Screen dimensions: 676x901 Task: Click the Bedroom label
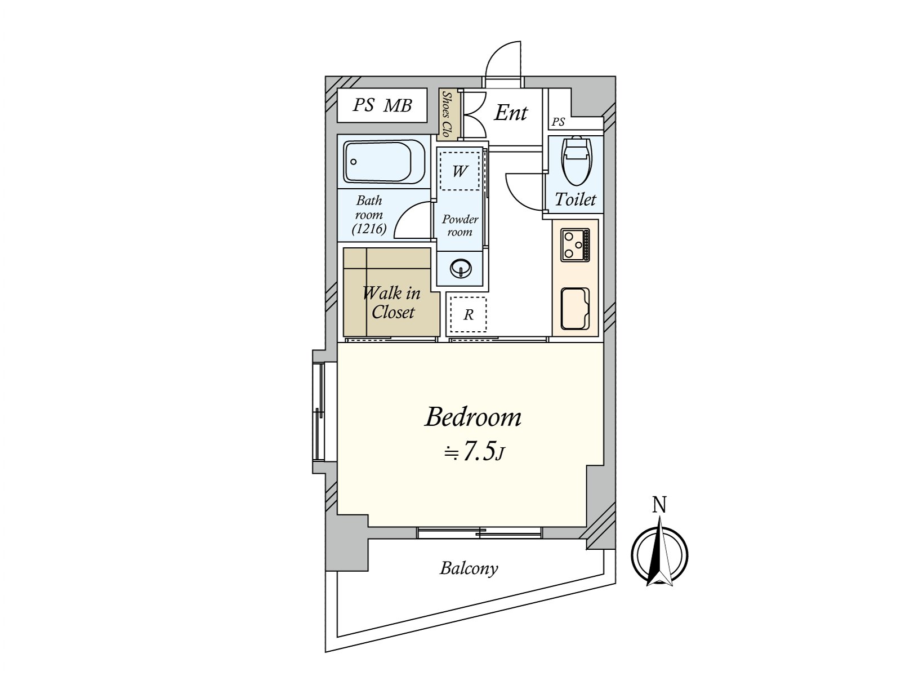coord(473,417)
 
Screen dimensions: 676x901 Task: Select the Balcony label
coord(469,568)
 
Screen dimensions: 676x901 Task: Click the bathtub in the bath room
coord(383,162)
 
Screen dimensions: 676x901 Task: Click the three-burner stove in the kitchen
coord(575,245)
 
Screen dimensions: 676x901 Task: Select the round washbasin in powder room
coord(461,268)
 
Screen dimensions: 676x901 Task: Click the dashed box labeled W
coord(460,171)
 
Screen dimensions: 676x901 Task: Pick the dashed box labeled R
coord(468,315)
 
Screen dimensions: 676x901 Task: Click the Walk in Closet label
coord(392,303)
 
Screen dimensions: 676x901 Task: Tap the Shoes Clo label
coord(448,114)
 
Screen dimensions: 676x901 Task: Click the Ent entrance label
coord(511,113)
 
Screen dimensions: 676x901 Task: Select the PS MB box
coord(382,105)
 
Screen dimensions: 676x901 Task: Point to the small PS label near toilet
coord(558,122)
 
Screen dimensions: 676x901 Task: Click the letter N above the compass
coord(659,505)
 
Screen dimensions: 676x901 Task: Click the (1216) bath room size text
coord(369,229)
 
